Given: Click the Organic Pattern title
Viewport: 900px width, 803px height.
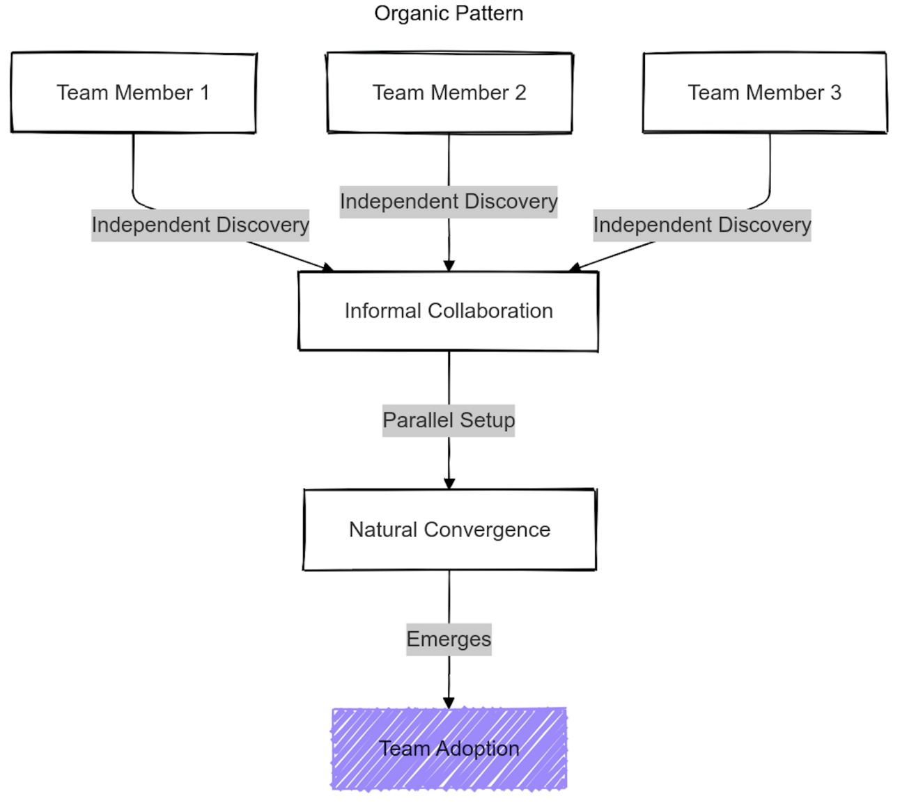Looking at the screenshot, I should pos(449,13).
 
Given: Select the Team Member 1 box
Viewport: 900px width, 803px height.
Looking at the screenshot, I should pos(133,93).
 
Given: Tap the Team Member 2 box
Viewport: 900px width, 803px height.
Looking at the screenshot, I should pos(449,93).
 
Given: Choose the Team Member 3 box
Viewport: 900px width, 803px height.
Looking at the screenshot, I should pos(764,93).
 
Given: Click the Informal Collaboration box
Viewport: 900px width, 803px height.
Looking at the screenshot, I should pos(448,311).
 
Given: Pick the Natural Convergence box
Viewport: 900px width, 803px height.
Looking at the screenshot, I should pos(449,530).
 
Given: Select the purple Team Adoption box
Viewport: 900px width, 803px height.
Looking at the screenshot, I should pos(449,749).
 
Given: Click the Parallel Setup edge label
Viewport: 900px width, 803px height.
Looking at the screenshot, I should pos(449,420).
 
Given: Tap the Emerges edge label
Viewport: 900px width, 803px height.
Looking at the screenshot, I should pos(449,639).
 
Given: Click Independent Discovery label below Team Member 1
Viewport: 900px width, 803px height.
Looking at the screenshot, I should pos(200,225).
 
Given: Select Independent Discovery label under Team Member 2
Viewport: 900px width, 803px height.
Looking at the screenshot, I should pos(449,202).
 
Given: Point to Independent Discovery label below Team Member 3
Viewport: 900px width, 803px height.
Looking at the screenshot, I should pos(702,225).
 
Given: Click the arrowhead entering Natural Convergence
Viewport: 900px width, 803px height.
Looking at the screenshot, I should pos(449,484).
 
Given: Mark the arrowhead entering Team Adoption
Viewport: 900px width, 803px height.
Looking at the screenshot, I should pos(449,703).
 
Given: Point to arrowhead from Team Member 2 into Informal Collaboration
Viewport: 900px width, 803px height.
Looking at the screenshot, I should pos(449,266).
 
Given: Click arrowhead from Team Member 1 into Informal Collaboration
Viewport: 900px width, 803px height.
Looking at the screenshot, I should pos(328,267).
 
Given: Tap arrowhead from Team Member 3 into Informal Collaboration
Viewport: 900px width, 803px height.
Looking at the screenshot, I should pos(575,267).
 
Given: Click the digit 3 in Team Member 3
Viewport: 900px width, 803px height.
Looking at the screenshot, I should pos(836,93).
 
